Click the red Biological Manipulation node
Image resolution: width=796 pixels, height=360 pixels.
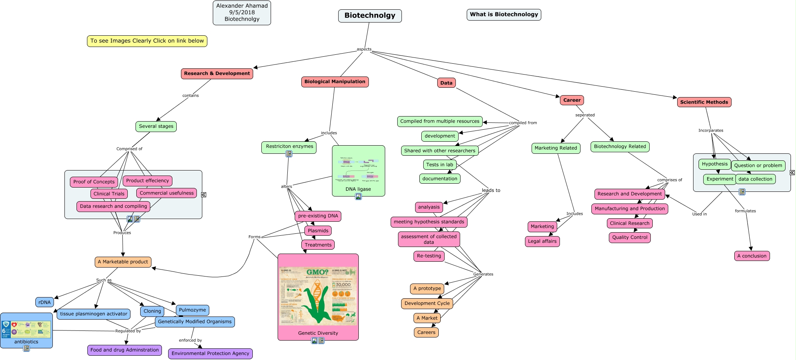(x=335, y=82)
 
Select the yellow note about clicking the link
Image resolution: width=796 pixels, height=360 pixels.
(x=147, y=41)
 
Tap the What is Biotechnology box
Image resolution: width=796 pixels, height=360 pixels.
(x=504, y=15)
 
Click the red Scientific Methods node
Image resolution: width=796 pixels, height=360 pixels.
(x=704, y=102)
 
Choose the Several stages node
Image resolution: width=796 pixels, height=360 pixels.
(x=156, y=127)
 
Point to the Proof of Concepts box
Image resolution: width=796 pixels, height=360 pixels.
(x=94, y=182)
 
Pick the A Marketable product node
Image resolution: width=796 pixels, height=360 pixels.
(x=123, y=262)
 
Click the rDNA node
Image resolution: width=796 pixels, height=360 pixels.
(x=45, y=303)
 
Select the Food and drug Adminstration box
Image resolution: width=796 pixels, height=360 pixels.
(x=124, y=350)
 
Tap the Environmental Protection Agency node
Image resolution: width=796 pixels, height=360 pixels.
(x=210, y=354)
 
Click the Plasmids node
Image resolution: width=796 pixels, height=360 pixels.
(x=318, y=231)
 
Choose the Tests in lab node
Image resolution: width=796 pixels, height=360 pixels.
(x=440, y=165)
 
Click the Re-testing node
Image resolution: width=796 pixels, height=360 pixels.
(x=429, y=256)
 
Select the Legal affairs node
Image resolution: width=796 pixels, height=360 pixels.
(x=542, y=242)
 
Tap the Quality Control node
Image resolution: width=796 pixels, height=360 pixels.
(x=629, y=238)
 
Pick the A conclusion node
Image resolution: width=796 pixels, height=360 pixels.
(x=751, y=256)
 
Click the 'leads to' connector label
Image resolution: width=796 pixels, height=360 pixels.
(x=491, y=191)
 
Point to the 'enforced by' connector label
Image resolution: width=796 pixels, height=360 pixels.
(x=190, y=341)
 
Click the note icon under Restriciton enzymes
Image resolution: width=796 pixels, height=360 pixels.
(x=289, y=154)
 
